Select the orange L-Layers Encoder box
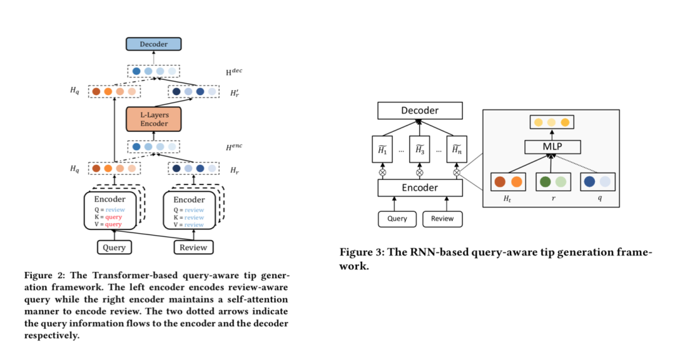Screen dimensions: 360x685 click(153, 119)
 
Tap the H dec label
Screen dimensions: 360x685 click(234, 72)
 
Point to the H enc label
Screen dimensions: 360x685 click(234, 146)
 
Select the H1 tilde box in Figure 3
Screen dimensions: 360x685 click(382, 151)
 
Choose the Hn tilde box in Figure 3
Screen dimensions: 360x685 click(456, 151)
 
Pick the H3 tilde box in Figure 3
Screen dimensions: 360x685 click(419, 151)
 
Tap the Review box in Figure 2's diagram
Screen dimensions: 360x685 click(193, 247)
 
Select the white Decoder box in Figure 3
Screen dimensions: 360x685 click(419, 111)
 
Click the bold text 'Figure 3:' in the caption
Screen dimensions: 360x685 click(360, 252)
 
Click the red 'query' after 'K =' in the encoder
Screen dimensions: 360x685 click(114, 217)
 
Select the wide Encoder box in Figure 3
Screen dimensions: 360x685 click(419, 188)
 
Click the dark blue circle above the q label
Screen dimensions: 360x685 click(590, 182)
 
